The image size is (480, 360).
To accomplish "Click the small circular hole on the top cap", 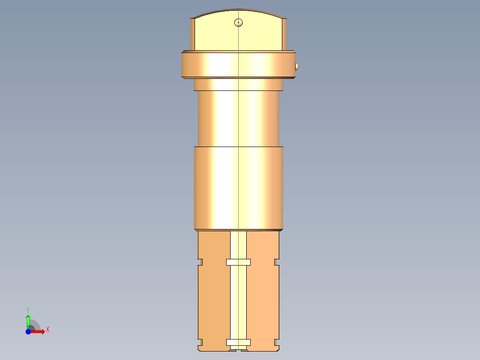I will pyautogui.click(x=239, y=22).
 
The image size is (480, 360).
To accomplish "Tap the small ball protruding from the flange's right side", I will pyautogui.click(x=297, y=67).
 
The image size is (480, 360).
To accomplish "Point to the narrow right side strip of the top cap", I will pyautogui.click(x=284, y=35).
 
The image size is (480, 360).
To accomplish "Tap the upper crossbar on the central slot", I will pyautogui.click(x=238, y=262).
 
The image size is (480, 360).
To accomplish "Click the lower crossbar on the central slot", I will pyautogui.click(x=238, y=342).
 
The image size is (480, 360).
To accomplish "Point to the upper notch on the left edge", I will pyautogui.click(x=200, y=262).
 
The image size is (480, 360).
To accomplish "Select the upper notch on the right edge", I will pyautogui.click(x=277, y=262).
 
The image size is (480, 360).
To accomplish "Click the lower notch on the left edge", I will pyautogui.click(x=200, y=342).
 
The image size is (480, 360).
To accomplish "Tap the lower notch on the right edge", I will pyautogui.click(x=277, y=342).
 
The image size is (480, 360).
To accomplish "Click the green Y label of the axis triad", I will pyautogui.click(x=28, y=309).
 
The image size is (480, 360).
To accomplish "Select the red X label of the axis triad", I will pyautogui.click(x=47, y=330).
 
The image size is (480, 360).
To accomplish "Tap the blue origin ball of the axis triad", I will pyautogui.click(x=28, y=331).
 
